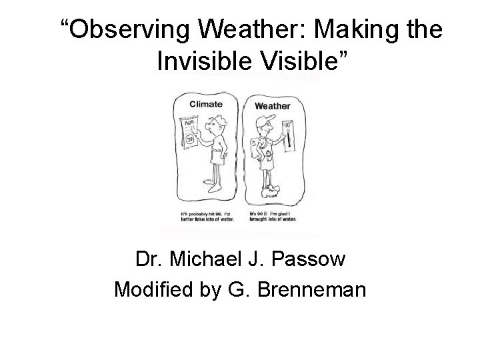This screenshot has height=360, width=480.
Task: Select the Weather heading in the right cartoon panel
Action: click(273, 105)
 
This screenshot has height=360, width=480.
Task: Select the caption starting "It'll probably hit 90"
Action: click(205, 216)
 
